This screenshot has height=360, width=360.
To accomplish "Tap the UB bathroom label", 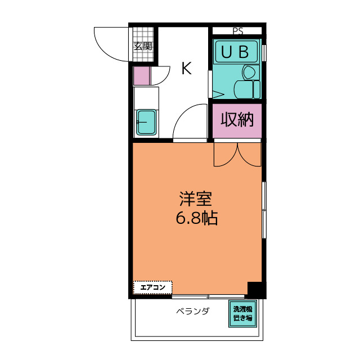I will pyautogui.click(x=236, y=52).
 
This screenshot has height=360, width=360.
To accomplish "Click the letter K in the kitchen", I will pyautogui.click(x=186, y=69).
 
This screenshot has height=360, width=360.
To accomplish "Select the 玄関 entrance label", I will pyautogui.click(x=143, y=46).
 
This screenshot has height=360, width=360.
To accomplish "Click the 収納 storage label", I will pyautogui.click(x=237, y=120).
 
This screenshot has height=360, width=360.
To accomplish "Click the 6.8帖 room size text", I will pyautogui.click(x=196, y=218).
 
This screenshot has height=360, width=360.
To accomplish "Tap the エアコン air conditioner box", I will pyautogui.click(x=152, y=288).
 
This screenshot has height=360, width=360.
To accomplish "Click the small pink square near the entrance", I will pyautogui.click(x=142, y=76).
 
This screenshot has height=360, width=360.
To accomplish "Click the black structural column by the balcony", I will pyautogui.click(x=256, y=289).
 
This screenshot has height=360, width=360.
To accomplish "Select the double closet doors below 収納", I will pyautogui.click(x=238, y=154).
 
